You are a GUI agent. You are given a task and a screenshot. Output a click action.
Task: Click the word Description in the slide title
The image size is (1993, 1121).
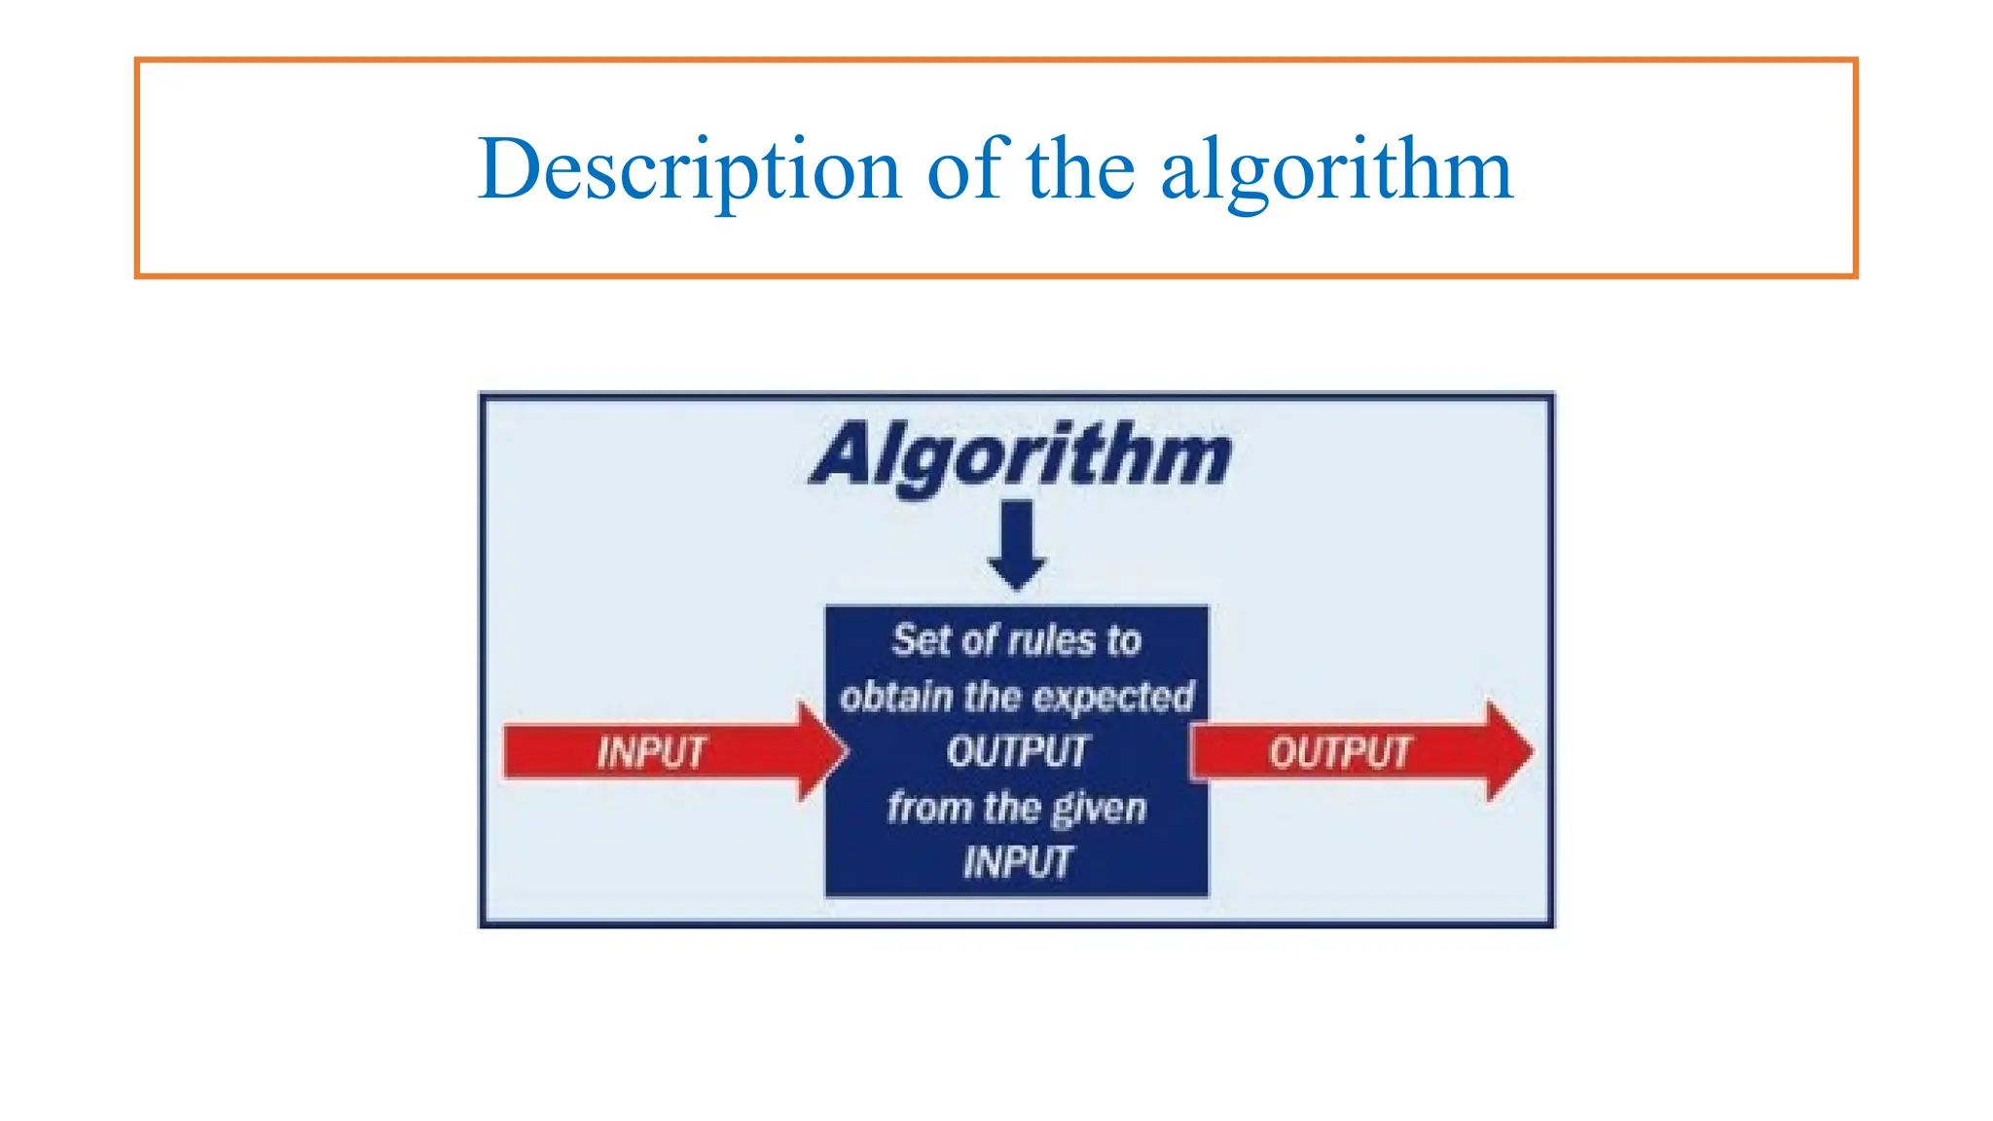[x=689, y=170]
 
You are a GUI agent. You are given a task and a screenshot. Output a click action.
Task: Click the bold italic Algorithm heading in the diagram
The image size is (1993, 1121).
[x=1021, y=455]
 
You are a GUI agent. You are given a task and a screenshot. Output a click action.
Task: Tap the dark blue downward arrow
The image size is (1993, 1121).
[x=1017, y=545]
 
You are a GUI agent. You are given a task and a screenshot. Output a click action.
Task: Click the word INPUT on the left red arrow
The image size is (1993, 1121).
[x=651, y=752]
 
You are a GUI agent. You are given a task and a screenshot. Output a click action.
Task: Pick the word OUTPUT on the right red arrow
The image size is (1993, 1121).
[x=1339, y=752]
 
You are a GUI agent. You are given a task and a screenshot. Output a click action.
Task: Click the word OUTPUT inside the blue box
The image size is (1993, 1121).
[x=1017, y=751]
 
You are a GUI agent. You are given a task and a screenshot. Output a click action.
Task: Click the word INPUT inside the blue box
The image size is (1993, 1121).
[x=1018, y=862]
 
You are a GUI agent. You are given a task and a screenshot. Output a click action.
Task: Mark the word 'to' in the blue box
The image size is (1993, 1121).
[x=1123, y=641]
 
